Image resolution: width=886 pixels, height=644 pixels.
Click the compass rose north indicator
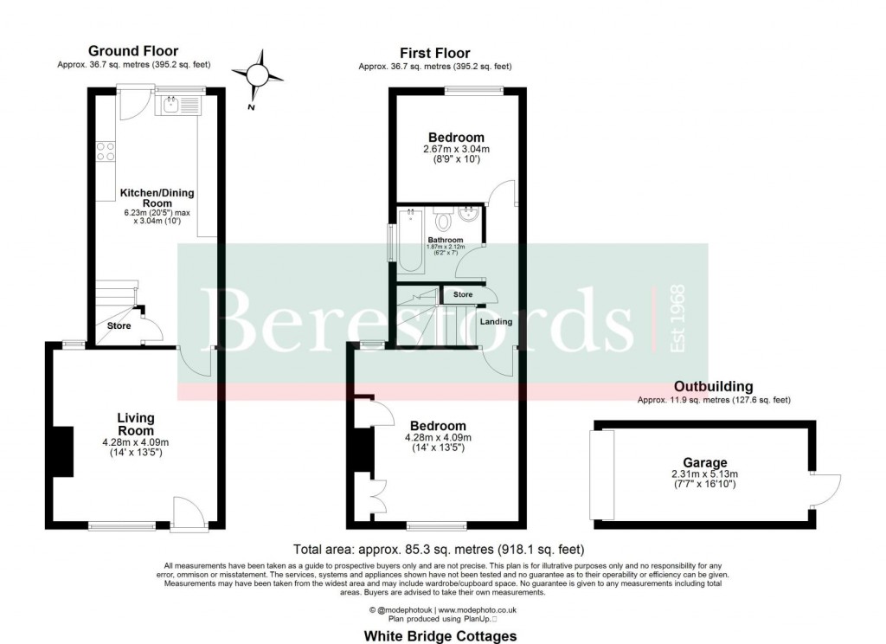click(x=258, y=75)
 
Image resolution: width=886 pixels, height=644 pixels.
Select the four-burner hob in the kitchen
click(x=106, y=151)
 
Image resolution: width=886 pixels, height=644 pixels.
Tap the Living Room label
click(x=136, y=424)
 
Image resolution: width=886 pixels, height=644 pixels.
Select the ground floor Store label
click(x=119, y=326)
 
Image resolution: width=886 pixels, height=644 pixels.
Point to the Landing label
click(x=497, y=322)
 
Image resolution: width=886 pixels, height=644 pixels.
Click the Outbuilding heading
click(x=714, y=387)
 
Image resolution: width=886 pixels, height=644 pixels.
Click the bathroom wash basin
click(x=470, y=215)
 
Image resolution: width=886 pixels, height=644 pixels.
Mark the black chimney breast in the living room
click(x=63, y=452)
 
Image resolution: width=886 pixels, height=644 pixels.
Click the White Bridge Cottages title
click(x=440, y=636)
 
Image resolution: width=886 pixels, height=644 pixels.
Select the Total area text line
click(x=440, y=549)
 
